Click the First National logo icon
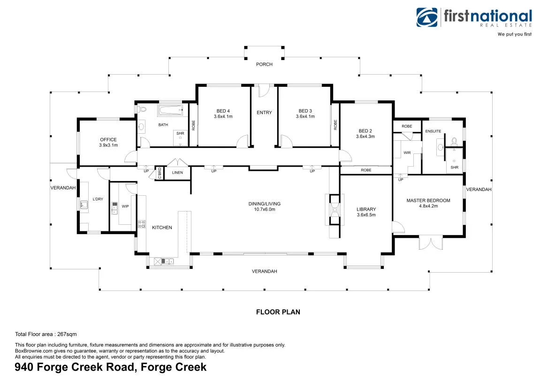(426, 17)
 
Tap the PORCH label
(264, 64)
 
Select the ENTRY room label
(264, 113)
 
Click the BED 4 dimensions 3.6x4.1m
(223, 116)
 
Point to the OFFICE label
(108, 139)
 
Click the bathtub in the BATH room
(170, 111)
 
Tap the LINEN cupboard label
(177, 173)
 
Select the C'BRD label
(160, 173)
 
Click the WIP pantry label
(125, 206)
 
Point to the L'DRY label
(98, 199)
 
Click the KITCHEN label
(162, 227)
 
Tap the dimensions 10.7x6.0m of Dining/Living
(265, 209)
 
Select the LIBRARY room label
(366, 209)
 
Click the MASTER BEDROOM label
(428, 200)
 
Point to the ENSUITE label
(433, 131)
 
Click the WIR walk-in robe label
(407, 153)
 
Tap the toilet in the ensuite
(454, 141)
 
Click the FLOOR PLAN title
(278, 312)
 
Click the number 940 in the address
(24, 367)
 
